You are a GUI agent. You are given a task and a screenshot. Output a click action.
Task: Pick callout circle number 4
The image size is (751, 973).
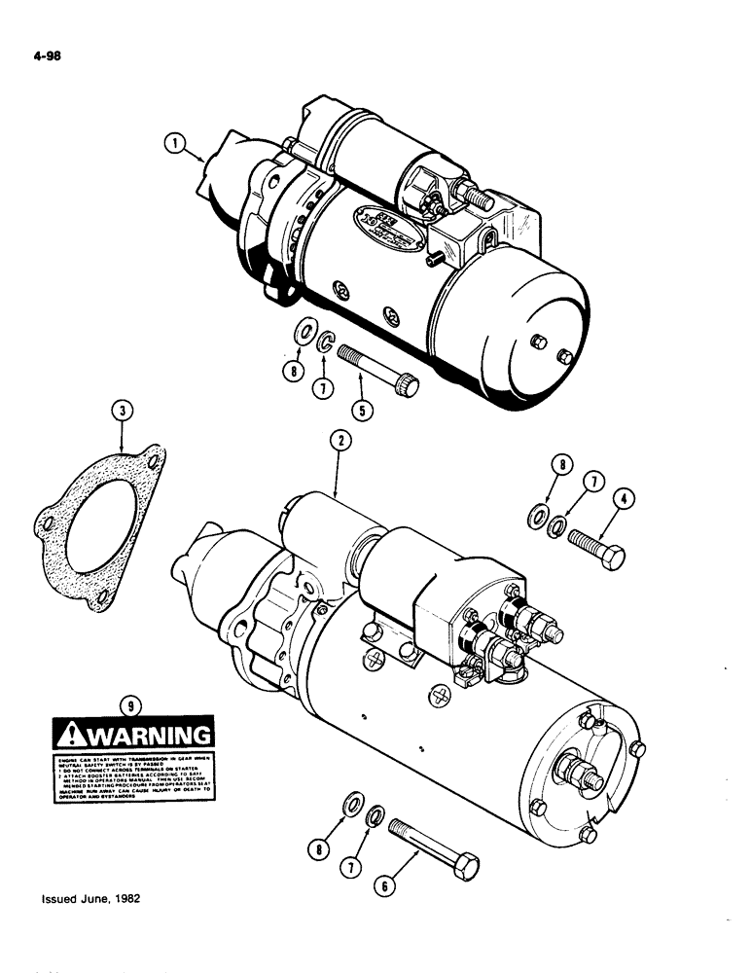click(625, 501)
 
